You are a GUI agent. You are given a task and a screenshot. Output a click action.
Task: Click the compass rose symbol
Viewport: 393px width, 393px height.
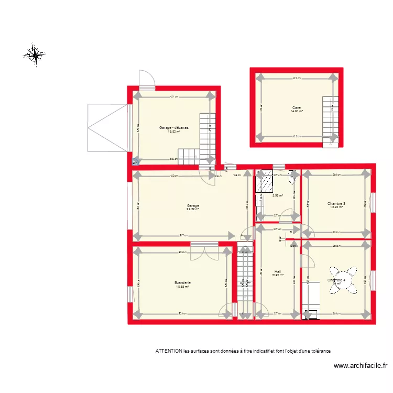point(34,54)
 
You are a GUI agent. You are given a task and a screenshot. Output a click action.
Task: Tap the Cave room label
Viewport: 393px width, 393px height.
point(297,108)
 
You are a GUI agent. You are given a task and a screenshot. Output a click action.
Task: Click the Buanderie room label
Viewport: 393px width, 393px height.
point(183,283)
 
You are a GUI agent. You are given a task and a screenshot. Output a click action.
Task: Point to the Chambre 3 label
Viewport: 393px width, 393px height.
point(336,203)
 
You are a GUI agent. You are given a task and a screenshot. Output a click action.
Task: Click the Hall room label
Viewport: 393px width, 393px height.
point(277,271)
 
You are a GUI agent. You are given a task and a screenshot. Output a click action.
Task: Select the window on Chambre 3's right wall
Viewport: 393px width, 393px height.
point(374,202)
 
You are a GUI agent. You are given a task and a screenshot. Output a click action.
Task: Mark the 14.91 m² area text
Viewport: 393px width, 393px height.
point(297,112)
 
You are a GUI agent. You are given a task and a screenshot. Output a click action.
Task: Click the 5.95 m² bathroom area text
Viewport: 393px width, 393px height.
point(277,196)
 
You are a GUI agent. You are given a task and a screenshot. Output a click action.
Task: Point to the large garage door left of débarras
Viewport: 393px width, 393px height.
point(107,127)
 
